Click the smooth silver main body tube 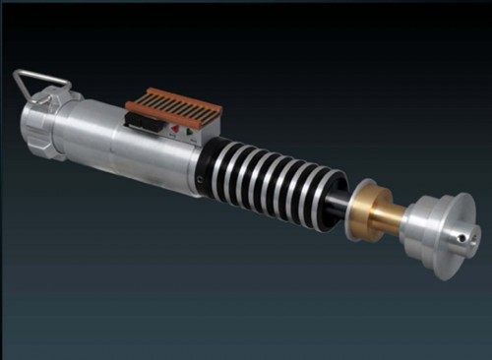[x=108, y=143]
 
